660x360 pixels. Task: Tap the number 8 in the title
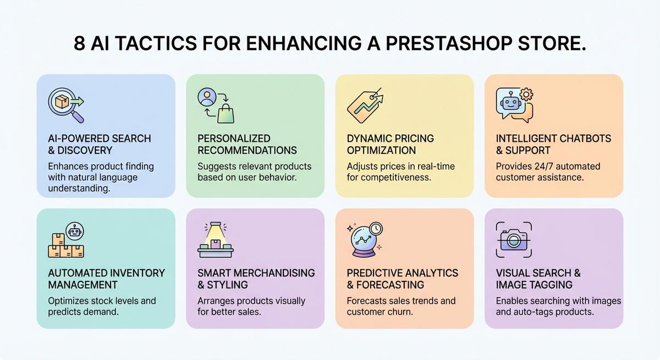click(x=79, y=43)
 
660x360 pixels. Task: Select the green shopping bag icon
click(x=226, y=114)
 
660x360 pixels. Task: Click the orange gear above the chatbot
click(x=526, y=95)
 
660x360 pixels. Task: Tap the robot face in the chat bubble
click(x=510, y=103)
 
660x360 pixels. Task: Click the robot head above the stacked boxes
click(x=75, y=231)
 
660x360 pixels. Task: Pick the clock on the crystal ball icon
click(x=376, y=229)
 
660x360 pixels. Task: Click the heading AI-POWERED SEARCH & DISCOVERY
click(x=100, y=144)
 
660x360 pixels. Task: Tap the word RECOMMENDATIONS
click(x=247, y=151)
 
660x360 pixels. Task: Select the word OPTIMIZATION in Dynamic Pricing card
click(x=381, y=151)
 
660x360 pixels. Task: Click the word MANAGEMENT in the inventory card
click(x=83, y=285)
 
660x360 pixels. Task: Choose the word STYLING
click(x=227, y=285)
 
